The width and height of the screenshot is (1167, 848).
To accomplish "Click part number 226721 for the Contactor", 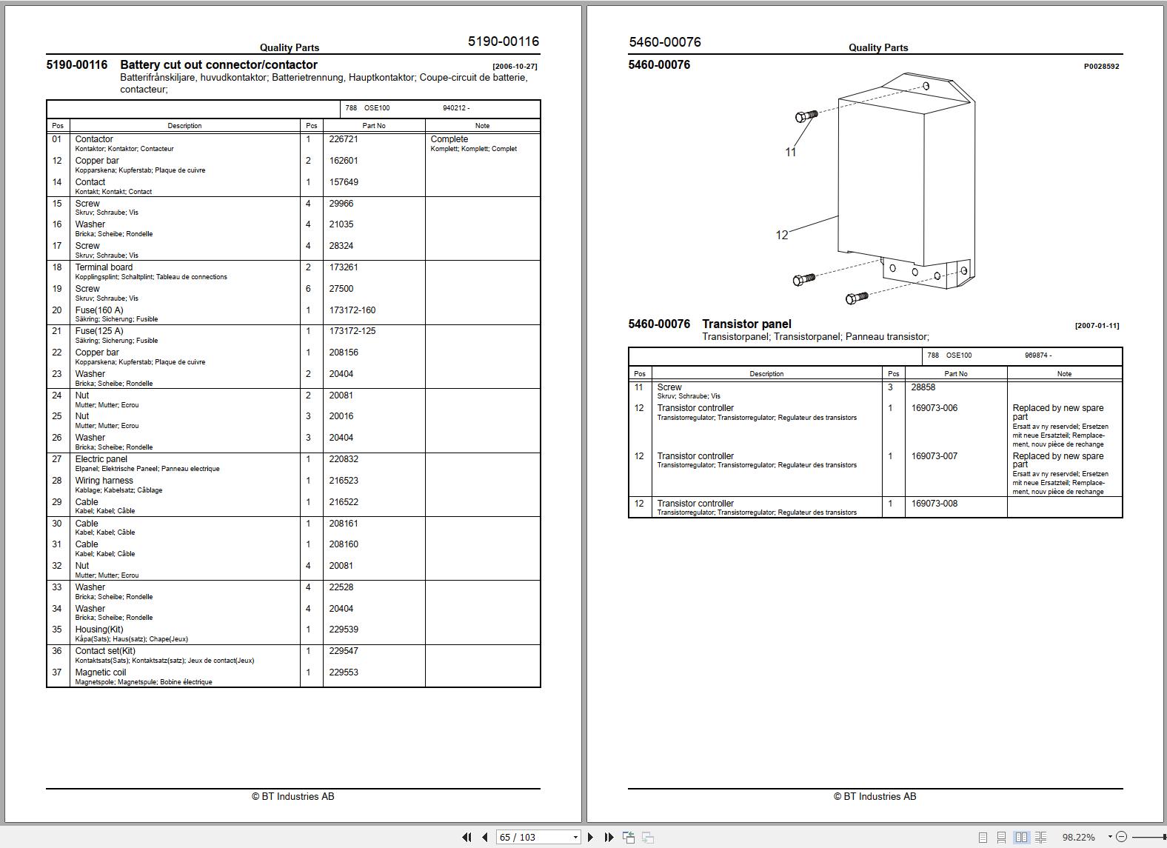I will tap(344, 139).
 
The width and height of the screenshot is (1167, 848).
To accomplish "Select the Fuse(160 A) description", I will tap(99, 310).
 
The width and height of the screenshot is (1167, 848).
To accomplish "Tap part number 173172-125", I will tap(352, 331).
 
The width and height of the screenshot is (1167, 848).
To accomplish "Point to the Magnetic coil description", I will tap(101, 672).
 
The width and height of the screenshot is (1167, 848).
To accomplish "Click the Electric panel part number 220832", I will tap(344, 459).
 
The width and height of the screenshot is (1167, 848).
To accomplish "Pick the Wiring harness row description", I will tap(104, 481).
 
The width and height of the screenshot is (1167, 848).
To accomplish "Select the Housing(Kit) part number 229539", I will tap(344, 630).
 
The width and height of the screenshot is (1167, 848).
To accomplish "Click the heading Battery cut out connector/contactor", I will tap(218, 65).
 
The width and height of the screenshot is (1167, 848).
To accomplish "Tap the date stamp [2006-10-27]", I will tap(515, 67).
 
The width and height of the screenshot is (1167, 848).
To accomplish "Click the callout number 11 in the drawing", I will tap(790, 152).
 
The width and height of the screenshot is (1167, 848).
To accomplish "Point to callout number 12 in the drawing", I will tap(782, 235).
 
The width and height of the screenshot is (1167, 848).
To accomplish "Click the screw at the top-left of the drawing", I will tap(806, 116).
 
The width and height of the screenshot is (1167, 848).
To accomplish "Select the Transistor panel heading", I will tap(746, 324).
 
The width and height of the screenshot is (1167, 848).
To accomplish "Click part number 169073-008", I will tap(934, 504).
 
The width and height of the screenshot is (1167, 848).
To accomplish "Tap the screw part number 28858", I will tap(923, 387).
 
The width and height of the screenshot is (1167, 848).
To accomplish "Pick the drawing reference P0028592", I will tap(1101, 67).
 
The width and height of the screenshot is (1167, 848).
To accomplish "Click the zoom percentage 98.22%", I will tap(1078, 837).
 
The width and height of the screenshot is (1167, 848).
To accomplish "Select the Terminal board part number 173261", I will tap(344, 267).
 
